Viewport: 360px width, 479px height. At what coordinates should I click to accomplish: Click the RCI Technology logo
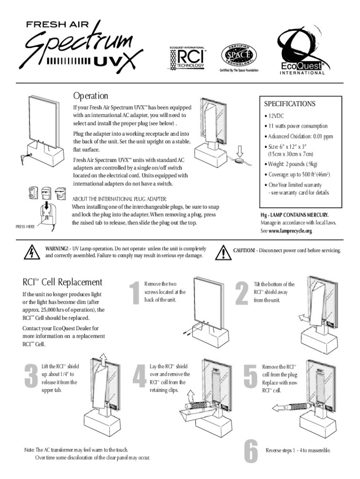point(187,58)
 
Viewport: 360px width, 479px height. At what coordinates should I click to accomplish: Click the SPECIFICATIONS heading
point(290,103)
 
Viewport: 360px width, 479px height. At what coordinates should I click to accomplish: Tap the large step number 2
point(242,294)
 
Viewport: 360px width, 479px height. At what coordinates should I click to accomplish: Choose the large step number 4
point(139,377)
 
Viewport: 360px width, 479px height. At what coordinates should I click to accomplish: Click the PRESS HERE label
point(25,226)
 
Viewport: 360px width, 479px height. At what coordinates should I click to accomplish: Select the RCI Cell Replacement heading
point(62,282)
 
